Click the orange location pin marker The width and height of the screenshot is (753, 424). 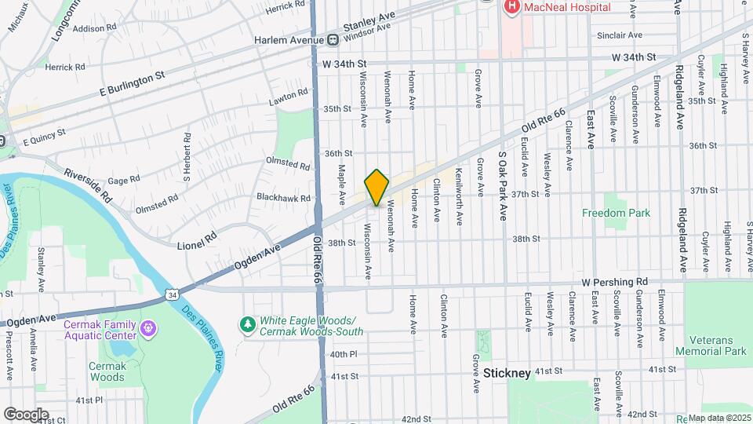pyautogui.click(x=376, y=187)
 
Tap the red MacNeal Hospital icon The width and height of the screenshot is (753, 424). pyautogui.click(x=511, y=7)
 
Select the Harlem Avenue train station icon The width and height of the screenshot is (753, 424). pyautogui.click(x=333, y=39)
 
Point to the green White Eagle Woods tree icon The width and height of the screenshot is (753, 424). pyautogui.click(x=248, y=323)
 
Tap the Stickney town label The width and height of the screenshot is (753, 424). pyautogui.click(x=507, y=373)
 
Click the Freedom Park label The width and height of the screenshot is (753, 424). pyautogui.click(x=616, y=213)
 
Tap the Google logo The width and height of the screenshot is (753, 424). pyautogui.click(x=26, y=414)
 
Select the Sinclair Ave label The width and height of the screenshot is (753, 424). pyautogui.click(x=619, y=35)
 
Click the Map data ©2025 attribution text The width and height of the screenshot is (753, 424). pyautogui.click(x=720, y=418)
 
